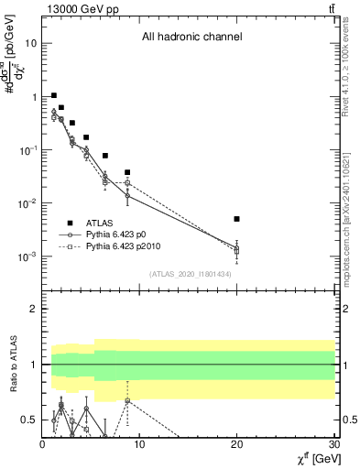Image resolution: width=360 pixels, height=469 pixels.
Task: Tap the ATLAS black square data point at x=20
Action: coord(236,219)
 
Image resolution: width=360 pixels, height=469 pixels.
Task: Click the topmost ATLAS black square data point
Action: coord(54,95)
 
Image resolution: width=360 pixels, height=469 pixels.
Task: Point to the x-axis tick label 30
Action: coord(333,444)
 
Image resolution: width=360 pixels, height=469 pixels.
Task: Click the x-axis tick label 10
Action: coord(139,444)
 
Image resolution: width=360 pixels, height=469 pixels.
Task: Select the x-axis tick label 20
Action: coord(236,444)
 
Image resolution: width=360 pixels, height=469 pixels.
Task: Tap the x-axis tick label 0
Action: coord(42,444)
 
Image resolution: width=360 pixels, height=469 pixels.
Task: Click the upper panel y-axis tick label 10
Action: coord(31,43)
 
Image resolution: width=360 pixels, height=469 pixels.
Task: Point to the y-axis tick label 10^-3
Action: coord(27,257)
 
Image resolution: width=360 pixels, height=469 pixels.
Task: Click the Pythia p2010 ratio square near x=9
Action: coord(127,400)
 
